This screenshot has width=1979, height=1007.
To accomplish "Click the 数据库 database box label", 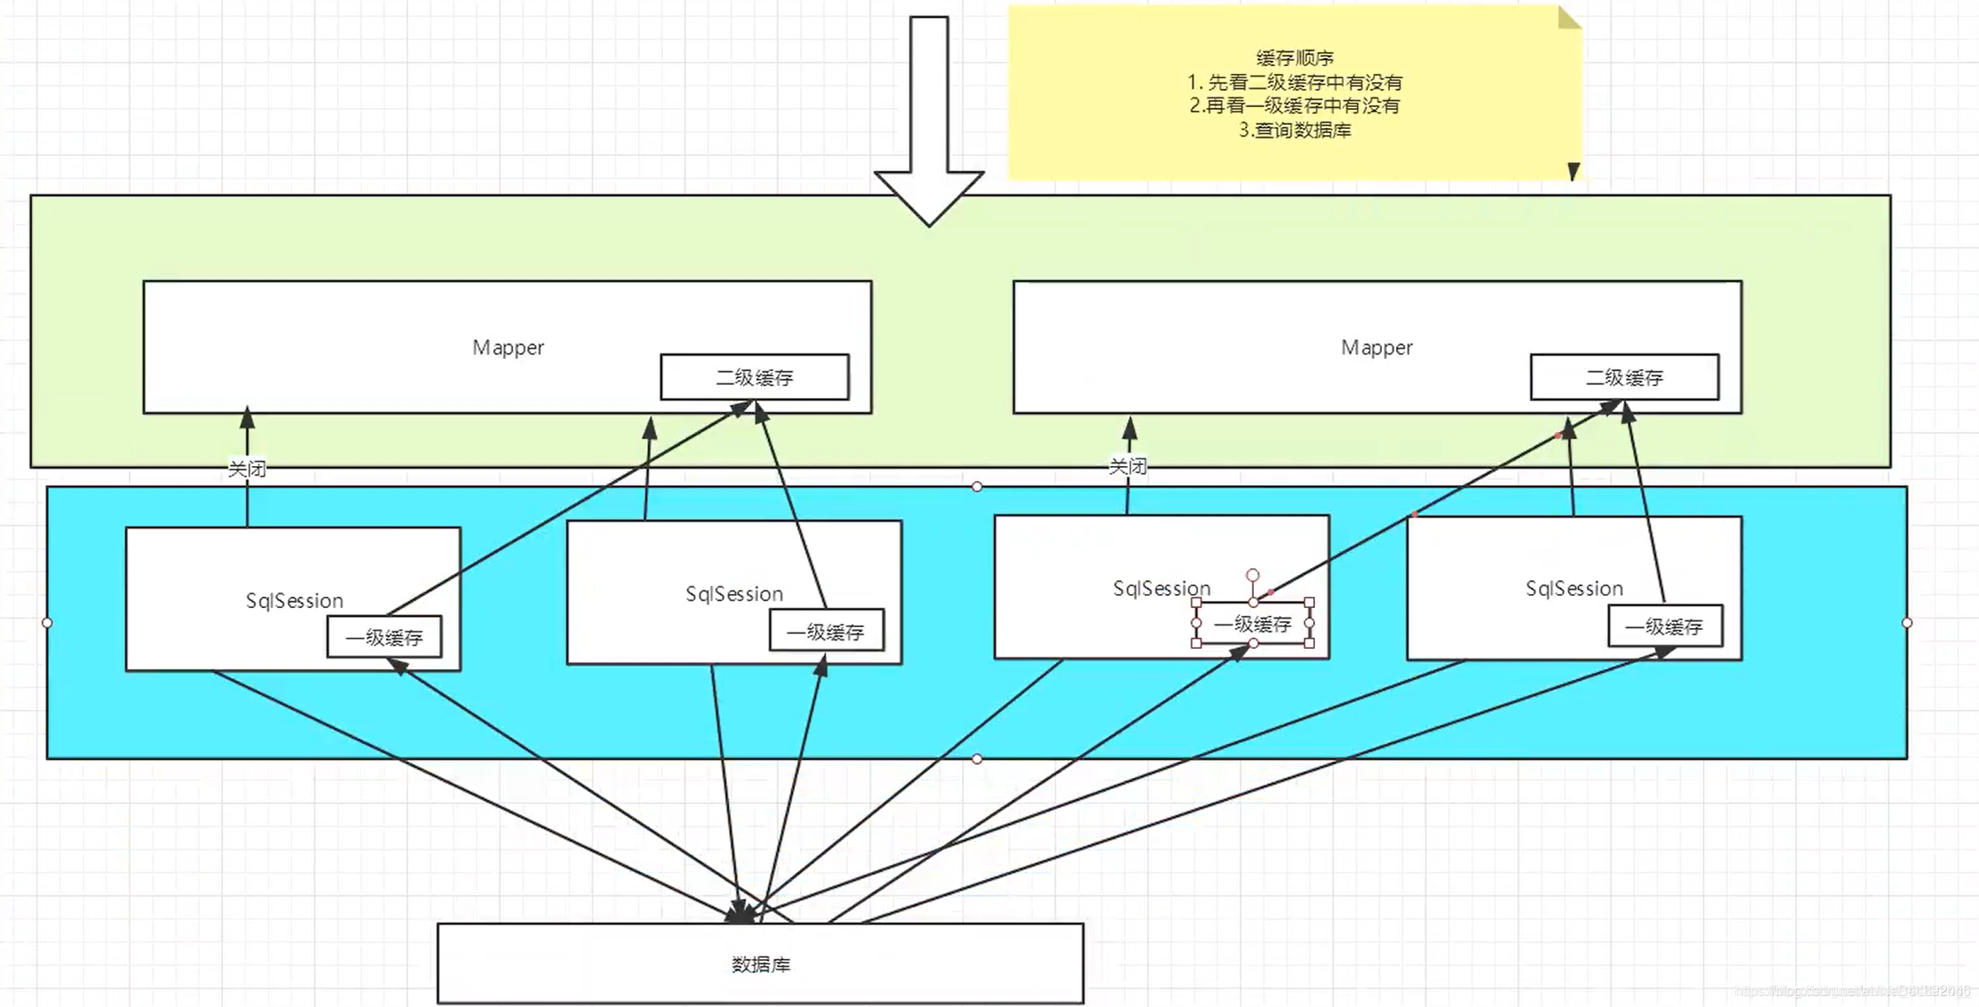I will (761, 964).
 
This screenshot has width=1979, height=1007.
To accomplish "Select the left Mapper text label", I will (508, 348).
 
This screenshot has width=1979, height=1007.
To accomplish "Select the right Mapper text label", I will (1377, 348).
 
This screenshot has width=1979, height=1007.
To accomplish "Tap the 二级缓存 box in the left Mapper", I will (755, 377).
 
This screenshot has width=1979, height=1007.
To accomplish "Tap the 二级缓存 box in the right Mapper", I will (1624, 377).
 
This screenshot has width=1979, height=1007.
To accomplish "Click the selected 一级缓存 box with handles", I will (1252, 624).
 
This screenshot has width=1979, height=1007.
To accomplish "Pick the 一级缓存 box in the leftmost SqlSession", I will (384, 638).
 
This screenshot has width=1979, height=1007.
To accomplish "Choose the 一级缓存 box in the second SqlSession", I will (826, 632).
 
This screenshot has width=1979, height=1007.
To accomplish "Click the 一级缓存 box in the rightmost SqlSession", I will (1664, 626).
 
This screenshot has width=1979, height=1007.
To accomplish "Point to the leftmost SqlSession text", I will (295, 601).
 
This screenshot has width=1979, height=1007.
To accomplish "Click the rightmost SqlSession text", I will (1574, 589).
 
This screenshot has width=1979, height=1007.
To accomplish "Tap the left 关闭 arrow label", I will (247, 469).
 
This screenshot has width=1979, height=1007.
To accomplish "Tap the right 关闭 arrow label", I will (1128, 466).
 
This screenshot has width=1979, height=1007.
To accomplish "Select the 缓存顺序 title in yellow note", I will (1295, 58).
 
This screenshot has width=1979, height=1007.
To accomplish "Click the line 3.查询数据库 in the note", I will (1295, 131).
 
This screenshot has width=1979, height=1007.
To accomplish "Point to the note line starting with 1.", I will (1295, 83).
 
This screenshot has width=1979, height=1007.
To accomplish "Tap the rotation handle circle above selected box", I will (1252, 575).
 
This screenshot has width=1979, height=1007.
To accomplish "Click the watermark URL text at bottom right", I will (1852, 991).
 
